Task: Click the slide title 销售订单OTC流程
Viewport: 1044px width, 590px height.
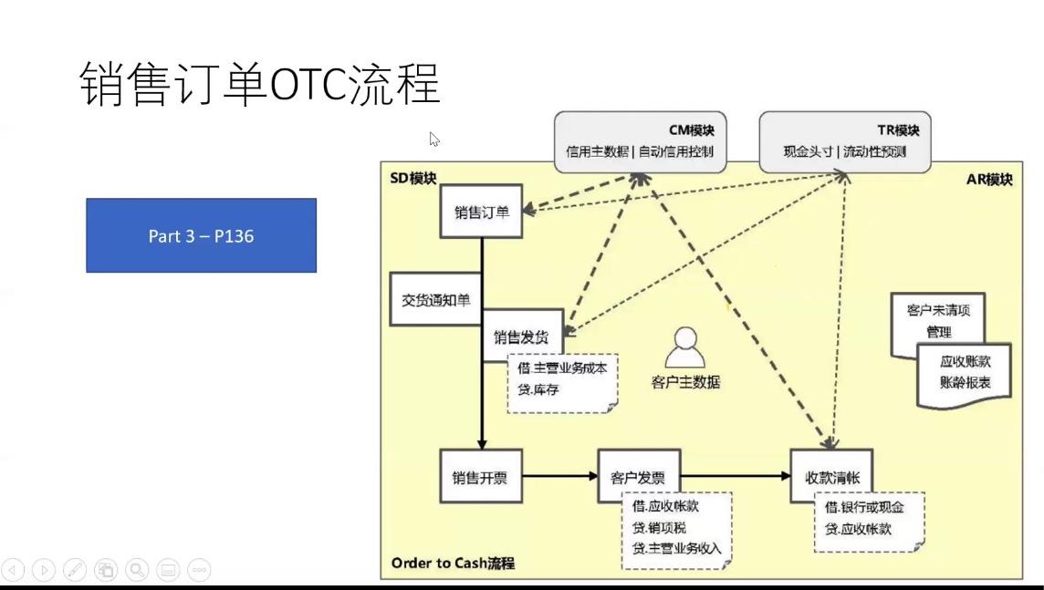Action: tap(261, 85)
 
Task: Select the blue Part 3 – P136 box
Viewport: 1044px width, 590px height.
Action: tap(201, 235)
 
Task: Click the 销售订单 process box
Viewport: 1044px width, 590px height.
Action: tap(481, 212)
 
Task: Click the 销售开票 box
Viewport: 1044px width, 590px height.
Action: tap(480, 476)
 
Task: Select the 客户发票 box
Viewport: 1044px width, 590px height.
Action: tap(638, 476)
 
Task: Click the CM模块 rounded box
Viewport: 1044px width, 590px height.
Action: tap(640, 141)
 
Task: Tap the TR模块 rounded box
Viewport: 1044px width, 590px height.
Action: tap(845, 141)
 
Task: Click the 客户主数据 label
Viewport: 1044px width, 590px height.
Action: tap(685, 382)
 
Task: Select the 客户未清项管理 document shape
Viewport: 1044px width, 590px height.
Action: tap(937, 320)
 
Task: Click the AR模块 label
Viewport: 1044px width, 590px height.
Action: tap(988, 180)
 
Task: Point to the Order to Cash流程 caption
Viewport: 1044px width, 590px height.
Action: tap(452, 563)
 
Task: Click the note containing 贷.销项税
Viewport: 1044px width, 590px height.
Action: tap(676, 529)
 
